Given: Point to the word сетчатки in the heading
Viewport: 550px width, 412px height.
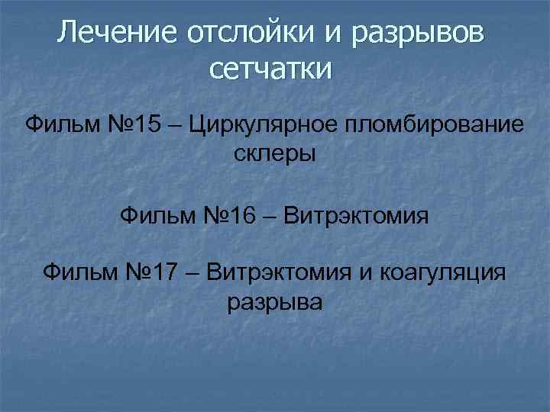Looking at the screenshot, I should click(x=271, y=70).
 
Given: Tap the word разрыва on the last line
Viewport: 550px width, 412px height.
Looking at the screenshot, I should click(x=275, y=303).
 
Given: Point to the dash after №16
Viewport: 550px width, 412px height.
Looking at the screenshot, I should click(x=269, y=217).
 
